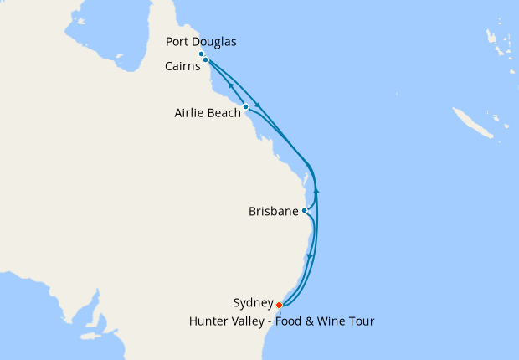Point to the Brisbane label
(x=273, y=212)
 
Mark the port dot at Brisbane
(x=305, y=211)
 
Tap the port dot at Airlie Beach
(x=245, y=106)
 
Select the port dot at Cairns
(x=205, y=60)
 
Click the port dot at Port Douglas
(x=202, y=54)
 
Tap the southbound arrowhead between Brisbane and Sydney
(x=310, y=255)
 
